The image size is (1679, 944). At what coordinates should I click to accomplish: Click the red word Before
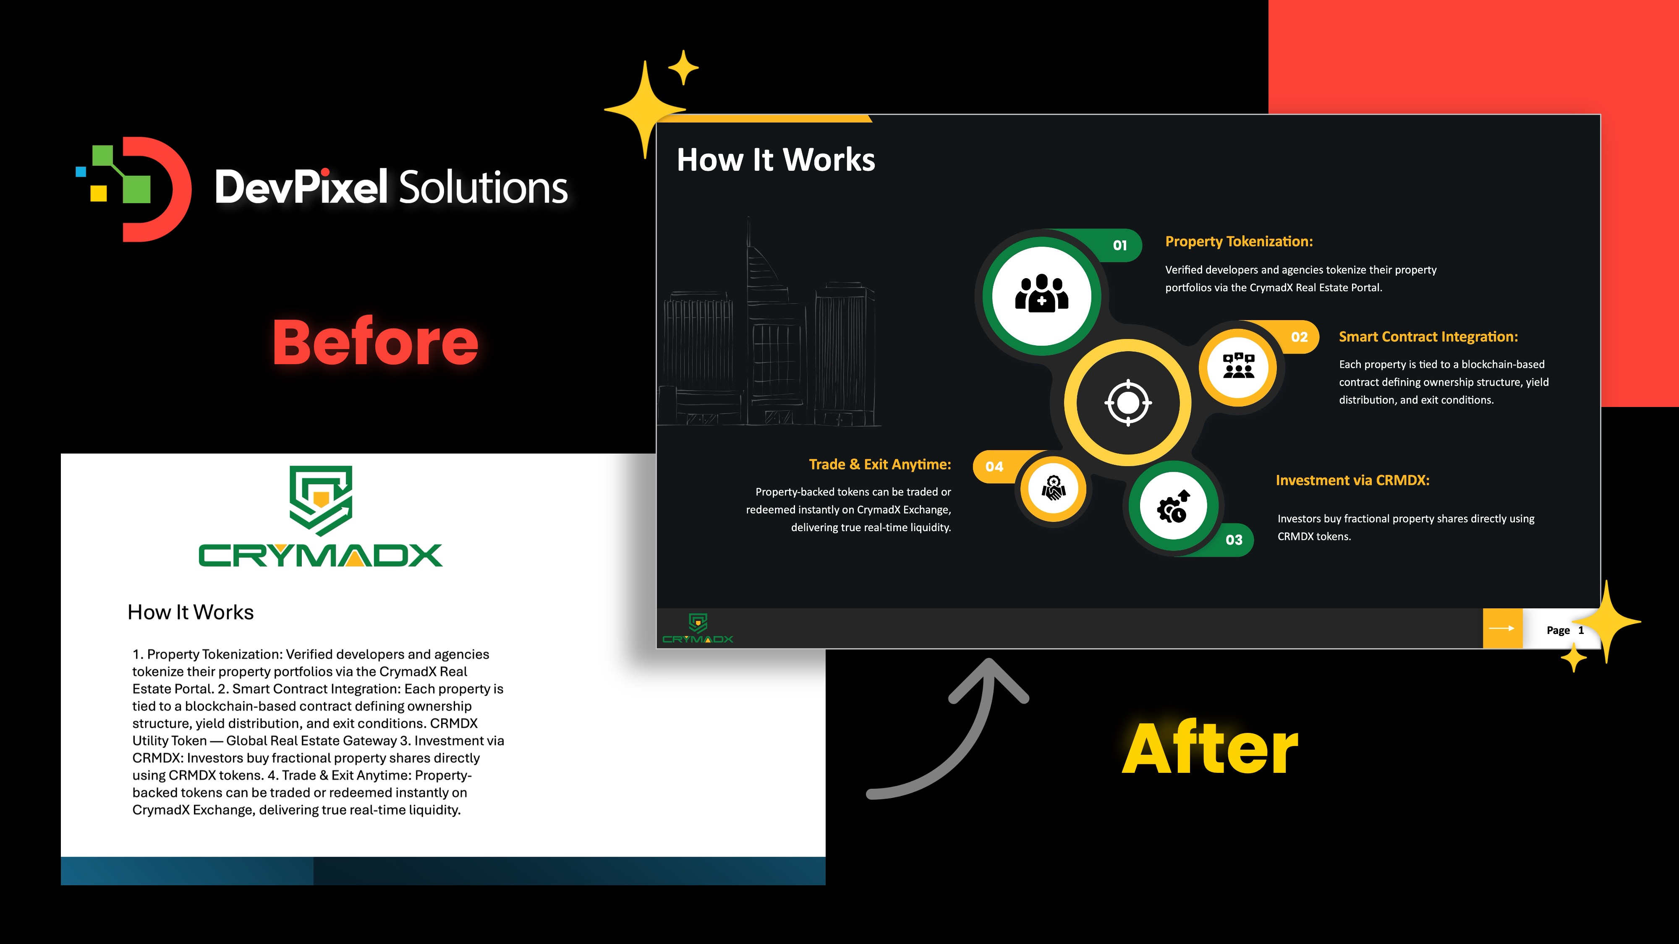pos(375,342)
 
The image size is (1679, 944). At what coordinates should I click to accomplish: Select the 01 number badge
pos(1120,245)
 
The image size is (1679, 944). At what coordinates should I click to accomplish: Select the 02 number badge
pos(1299,337)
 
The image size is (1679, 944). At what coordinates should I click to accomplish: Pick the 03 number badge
pos(1234,540)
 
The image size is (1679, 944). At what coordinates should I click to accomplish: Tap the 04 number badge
pos(994,467)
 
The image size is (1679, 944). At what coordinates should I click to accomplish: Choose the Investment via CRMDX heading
pos(1352,480)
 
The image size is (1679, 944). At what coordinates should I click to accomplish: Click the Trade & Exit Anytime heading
pos(880,464)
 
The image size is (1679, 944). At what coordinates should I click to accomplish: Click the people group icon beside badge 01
pos(1041,293)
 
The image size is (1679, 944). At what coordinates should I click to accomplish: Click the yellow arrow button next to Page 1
pos(1502,628)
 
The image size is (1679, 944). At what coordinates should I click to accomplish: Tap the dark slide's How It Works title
pos(776,159)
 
